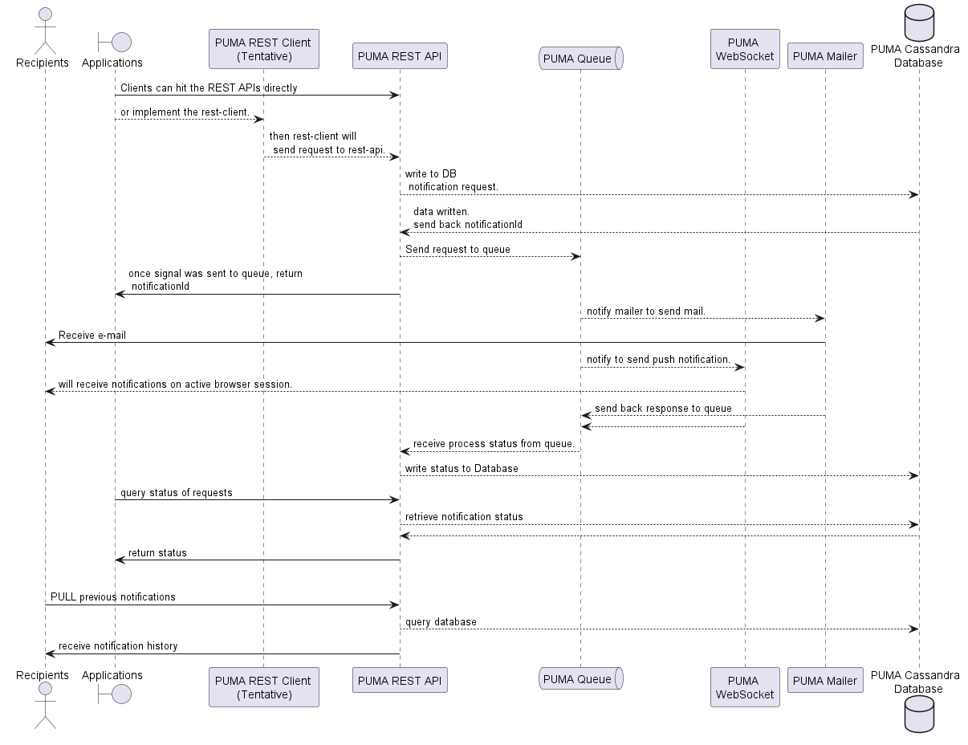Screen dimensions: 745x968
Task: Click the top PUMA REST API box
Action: pos(400,56)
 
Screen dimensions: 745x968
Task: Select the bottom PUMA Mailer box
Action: pos(824,680)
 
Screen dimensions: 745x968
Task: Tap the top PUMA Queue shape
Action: pos(580,58)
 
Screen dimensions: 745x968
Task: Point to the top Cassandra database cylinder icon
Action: pos(919,22)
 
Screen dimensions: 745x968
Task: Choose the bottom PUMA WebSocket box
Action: pos(745,687)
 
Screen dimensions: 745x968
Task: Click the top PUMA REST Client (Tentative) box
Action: pos(263,49)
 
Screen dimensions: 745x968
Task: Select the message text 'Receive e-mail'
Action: pos(92,335)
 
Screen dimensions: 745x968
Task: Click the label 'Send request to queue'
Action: pos(458,249)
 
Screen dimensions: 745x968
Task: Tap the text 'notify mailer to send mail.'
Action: pos(646,311)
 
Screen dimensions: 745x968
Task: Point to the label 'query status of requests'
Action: pos(177,492)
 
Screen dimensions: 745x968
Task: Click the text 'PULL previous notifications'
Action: pos(113,596)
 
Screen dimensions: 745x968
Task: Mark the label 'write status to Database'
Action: pos(462,468)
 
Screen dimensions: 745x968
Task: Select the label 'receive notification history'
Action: pos(118,645)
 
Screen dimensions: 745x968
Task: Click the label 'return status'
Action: pos(157,552)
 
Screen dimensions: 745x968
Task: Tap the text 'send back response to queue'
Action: pos(663,408)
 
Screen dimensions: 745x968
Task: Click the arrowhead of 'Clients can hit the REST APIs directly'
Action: pos(394,96)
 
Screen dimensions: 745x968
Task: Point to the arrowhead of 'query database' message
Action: pos(913,629)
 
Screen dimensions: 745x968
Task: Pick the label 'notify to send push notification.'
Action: pos(658,359)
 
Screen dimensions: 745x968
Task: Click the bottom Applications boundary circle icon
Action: pos(120,694)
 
